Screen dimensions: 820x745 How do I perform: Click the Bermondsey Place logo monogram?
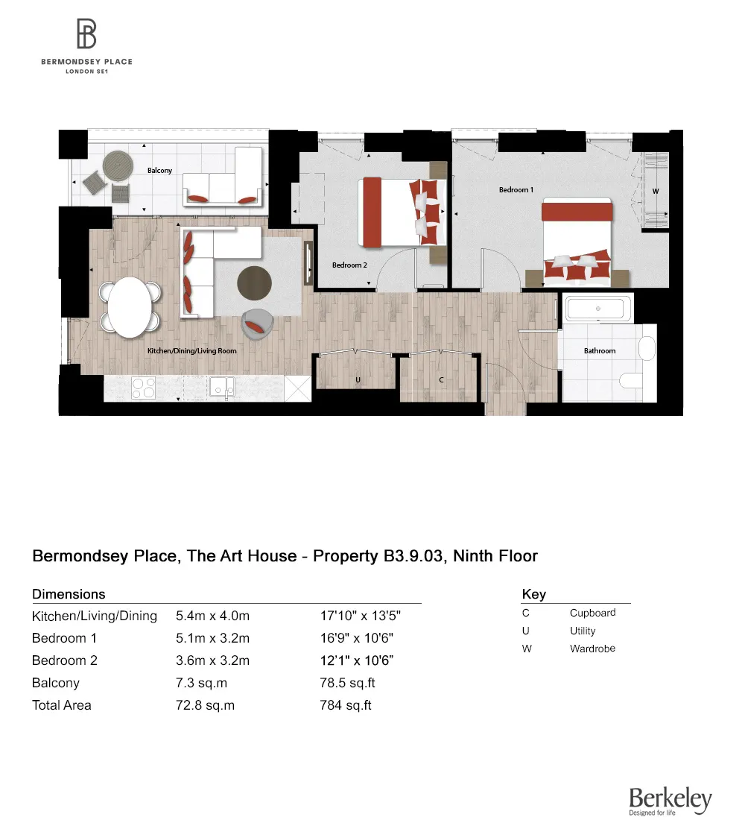pos(86,34)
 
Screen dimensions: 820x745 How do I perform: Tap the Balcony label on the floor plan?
pos(159,171)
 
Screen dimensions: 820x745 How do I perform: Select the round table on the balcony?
pos(117,164)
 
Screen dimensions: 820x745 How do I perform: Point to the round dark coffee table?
pos(255,283)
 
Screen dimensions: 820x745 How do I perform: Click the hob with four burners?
pos(143,387)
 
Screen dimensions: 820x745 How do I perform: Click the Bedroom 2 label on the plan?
pos(349,265)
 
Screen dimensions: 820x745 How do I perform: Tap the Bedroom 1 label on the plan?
pos(516,190)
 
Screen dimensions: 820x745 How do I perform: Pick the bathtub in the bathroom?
pos(599,309)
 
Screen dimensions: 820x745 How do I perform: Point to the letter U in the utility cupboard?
pos(358,380)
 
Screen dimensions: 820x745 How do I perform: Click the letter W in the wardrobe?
pos(656,192)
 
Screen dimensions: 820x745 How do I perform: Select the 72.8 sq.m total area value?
pos(205,705)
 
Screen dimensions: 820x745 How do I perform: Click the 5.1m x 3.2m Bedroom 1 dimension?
pos(212,638)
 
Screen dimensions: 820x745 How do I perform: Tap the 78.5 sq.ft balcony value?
pos(346,683)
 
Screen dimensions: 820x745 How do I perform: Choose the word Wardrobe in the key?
pos(592,649)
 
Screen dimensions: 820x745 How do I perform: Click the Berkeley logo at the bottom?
pos(670,800)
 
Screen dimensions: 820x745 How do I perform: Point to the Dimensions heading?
pos(69,594)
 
